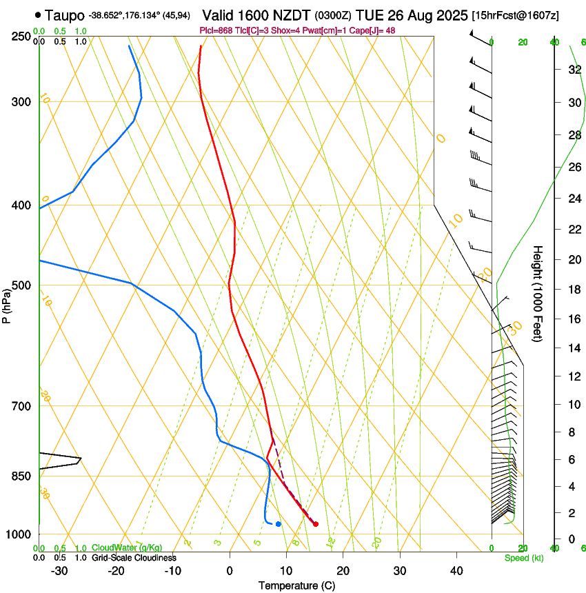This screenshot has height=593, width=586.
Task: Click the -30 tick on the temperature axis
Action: tap(59, 571)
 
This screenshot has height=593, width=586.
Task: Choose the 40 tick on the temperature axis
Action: tap(456, 571)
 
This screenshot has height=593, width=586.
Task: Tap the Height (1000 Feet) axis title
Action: tap(538, 293)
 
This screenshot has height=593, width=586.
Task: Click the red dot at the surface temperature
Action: tap(316, 524)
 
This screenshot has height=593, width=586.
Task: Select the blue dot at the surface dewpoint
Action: tap(278, 524)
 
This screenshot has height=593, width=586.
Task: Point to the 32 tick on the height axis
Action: tap(574, 69)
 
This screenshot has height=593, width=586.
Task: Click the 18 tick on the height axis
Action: tap(574, 290)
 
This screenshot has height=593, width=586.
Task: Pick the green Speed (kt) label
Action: tap(523, 558)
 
